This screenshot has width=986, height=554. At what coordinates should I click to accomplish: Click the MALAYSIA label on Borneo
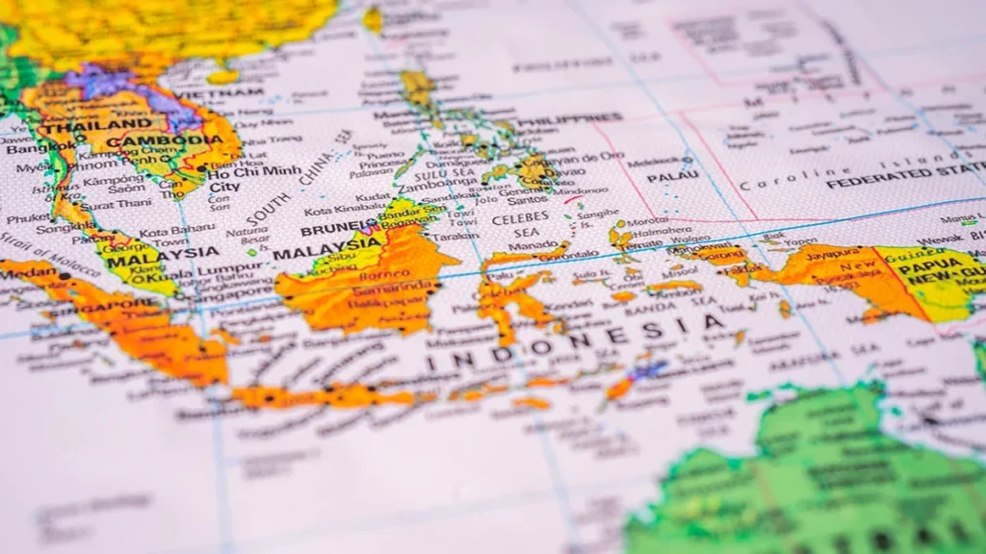318,253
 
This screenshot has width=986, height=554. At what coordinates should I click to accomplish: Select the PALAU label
673,177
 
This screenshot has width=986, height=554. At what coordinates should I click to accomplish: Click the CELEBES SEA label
514,225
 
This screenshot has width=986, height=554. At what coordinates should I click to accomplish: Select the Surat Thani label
111,205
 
